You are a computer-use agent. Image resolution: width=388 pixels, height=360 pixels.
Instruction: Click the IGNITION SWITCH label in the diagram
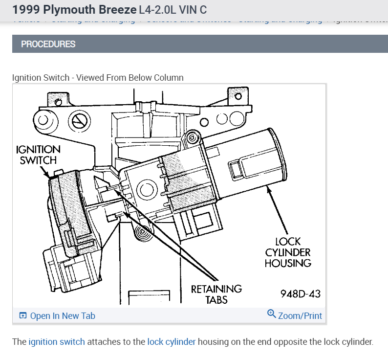click(38, 155)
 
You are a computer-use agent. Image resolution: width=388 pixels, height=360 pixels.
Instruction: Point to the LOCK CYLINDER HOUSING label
click(288, 252)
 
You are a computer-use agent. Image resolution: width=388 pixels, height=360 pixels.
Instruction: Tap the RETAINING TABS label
click(216, 293)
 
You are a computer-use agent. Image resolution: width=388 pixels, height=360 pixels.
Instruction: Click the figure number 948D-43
click(300, 293)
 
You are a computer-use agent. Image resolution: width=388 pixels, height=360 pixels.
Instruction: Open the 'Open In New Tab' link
click(63, 315)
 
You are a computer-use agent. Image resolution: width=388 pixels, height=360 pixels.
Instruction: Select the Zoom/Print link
click(300, 315)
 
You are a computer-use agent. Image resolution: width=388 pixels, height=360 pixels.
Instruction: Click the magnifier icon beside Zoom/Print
click(272, 314)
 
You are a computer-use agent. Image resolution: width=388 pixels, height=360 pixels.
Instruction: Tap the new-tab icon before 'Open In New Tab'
click(22, 315)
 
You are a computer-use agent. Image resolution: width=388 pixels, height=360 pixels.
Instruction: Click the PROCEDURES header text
click(48, 44)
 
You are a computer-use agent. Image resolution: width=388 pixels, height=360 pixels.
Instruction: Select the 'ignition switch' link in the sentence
click(57, 342)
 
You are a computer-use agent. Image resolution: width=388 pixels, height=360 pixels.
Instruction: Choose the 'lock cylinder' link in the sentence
click(172, 342)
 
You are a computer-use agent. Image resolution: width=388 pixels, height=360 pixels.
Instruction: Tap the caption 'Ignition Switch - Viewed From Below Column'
click(98, 77)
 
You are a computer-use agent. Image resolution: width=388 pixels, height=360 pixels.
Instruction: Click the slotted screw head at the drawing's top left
click(78, 120)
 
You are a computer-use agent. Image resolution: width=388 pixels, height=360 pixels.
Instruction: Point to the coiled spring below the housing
click(144, 233)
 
